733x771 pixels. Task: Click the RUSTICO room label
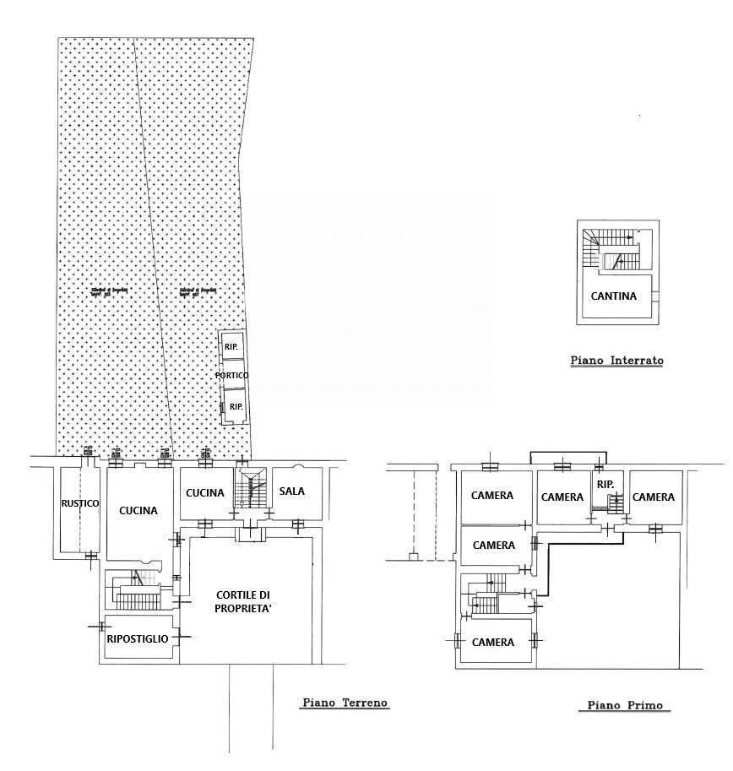pos(79,504)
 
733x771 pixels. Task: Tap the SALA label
pos(292,491)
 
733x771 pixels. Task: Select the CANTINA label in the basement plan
pos(614,296)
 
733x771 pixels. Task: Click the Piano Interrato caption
pos(616,361)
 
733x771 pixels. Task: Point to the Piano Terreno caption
pos(345,703)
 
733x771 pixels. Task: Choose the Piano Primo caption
pos(624,706)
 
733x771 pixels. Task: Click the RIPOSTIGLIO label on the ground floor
pos(138,639)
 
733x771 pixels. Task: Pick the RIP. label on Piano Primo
pos(605,485)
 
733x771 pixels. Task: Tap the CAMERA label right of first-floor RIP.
pos(654,497)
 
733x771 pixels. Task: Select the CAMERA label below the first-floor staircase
pos(493,643)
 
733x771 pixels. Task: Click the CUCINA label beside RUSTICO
pos(138,510)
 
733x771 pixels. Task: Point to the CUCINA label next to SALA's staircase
pos(204,493)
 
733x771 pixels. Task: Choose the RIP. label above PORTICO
pos(231,347)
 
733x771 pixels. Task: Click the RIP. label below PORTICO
pos(236,407)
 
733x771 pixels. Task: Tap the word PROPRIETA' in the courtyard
pos(244,608)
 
